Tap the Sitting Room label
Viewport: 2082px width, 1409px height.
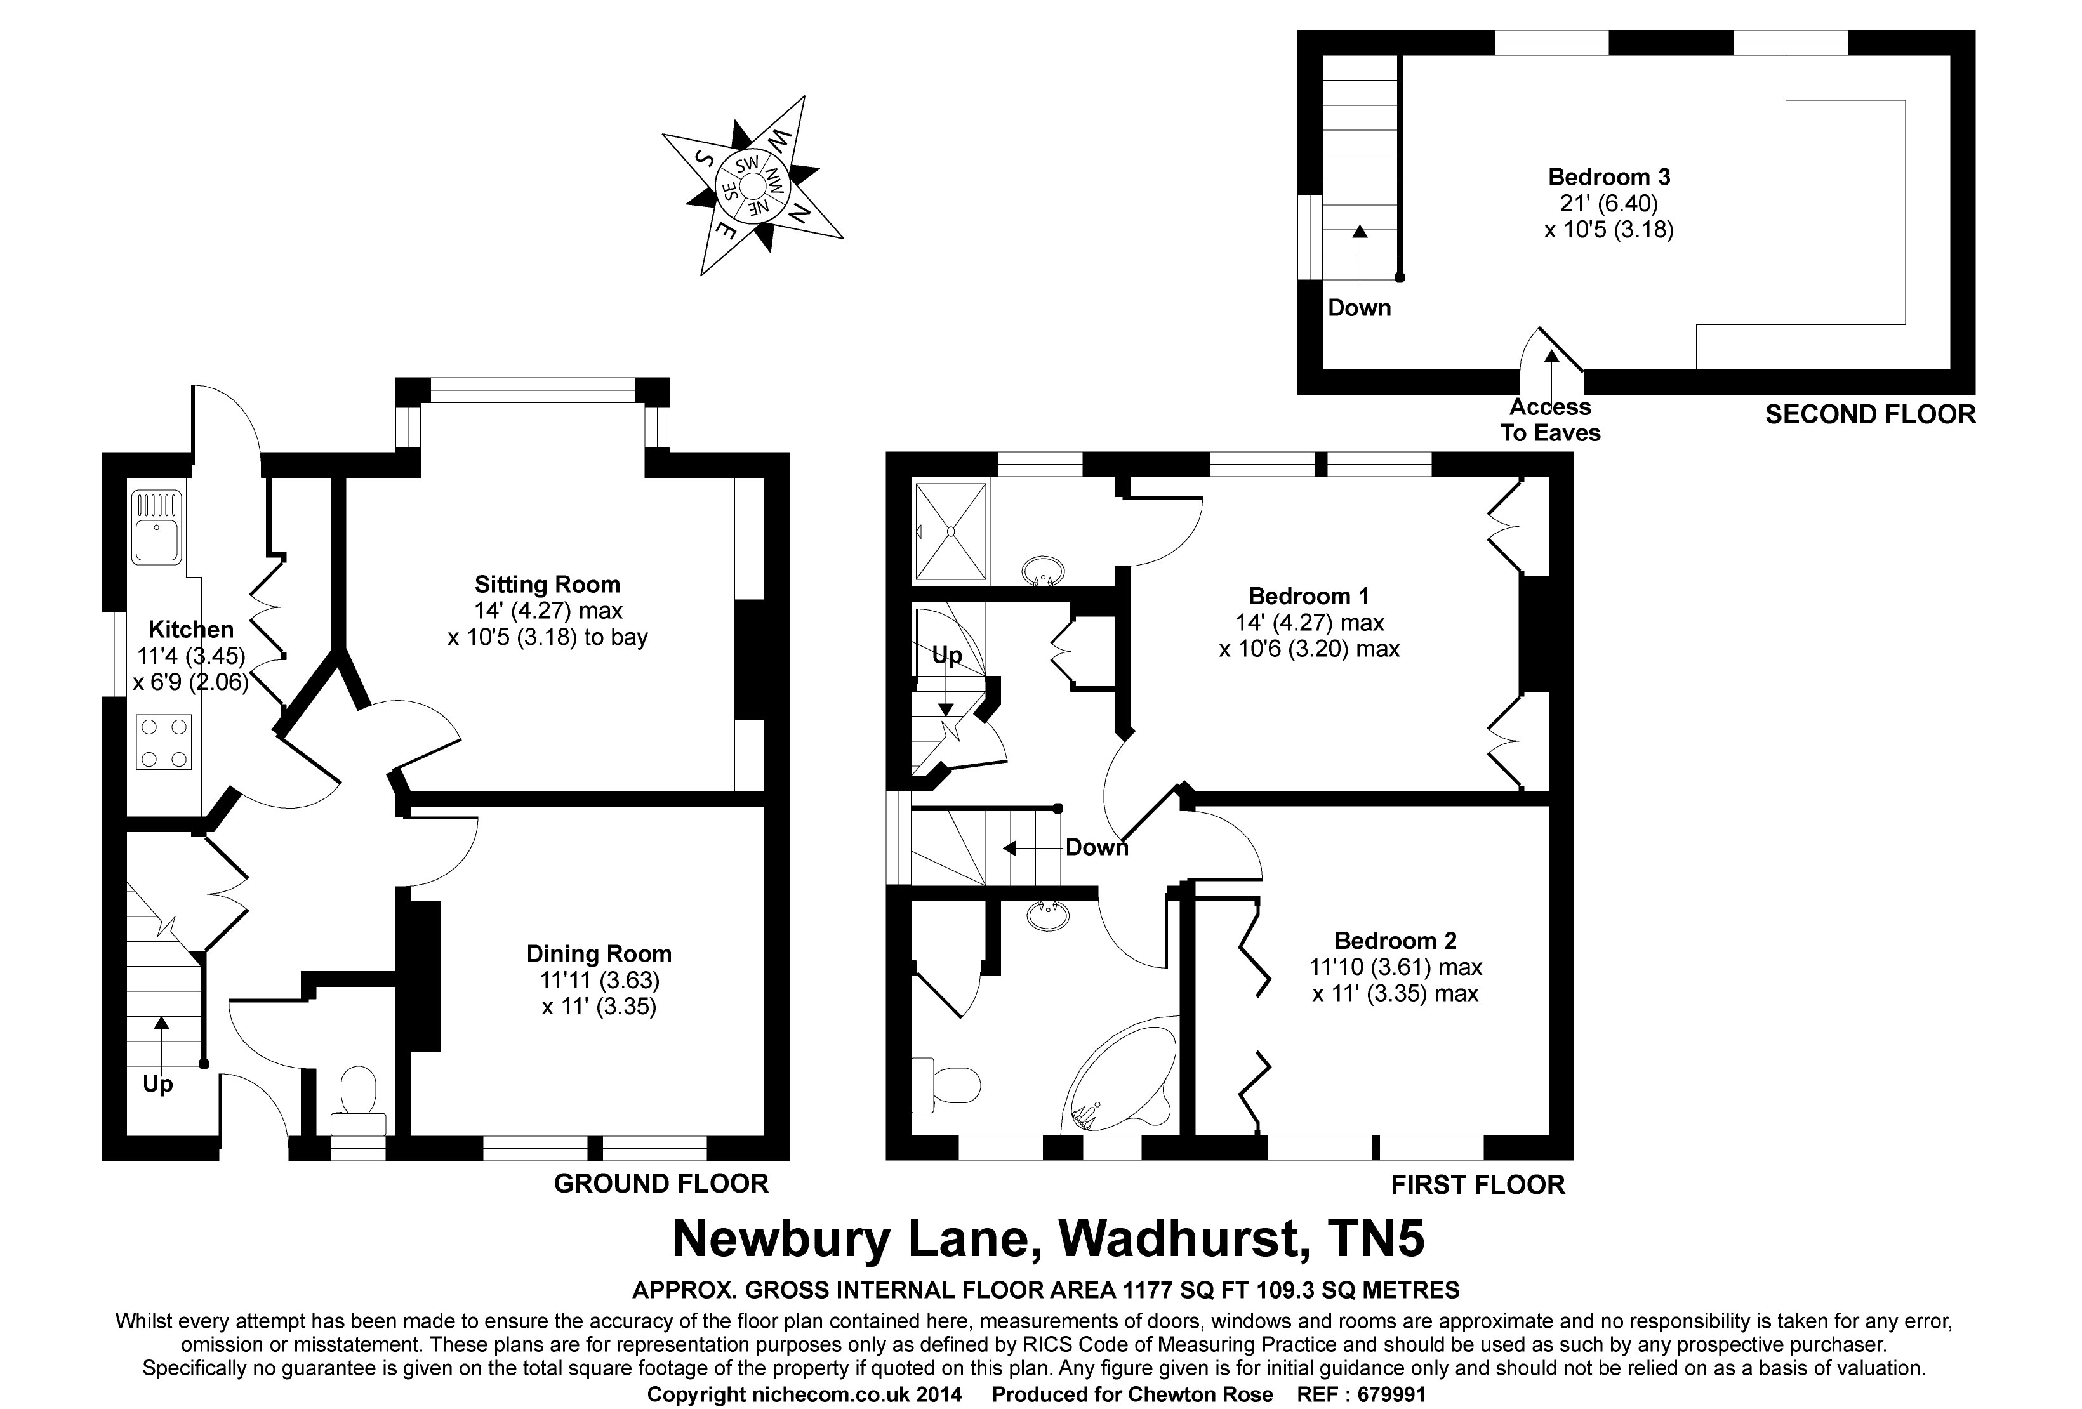pyautogui.click(x=547, y=585)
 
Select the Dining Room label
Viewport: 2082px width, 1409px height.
pyautogui.click(x=599, y=954)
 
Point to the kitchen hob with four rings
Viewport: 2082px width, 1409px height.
pyautogui.click(x=164, y=743)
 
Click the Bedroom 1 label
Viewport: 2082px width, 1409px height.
pyautogui.click(x=1308, y=596)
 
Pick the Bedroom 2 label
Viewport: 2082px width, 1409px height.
pyautogui.click(x=1395, y=941)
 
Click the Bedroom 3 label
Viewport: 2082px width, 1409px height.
pyautogui.click(x=1609, y=176)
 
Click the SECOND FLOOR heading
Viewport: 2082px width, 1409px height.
pyautogui.click(x=1870, y=414)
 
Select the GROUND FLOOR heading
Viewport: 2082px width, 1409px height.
pyautogui.click(x=661, y=1183)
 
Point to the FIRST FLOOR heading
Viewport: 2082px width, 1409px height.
pyautogui.click(x=1477, y=1184)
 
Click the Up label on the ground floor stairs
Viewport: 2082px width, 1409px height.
pyautogui.click(x=157, y=1085)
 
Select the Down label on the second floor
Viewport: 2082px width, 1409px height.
pyautogui.click(x=1359, y=308)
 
